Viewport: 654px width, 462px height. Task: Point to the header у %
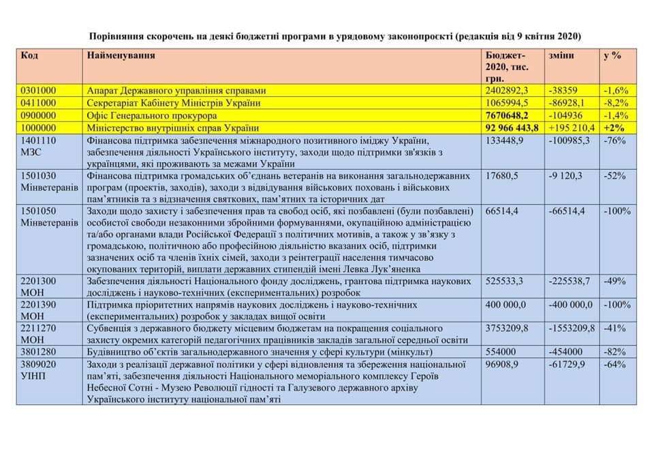612,55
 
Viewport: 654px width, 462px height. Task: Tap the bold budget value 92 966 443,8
512,127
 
